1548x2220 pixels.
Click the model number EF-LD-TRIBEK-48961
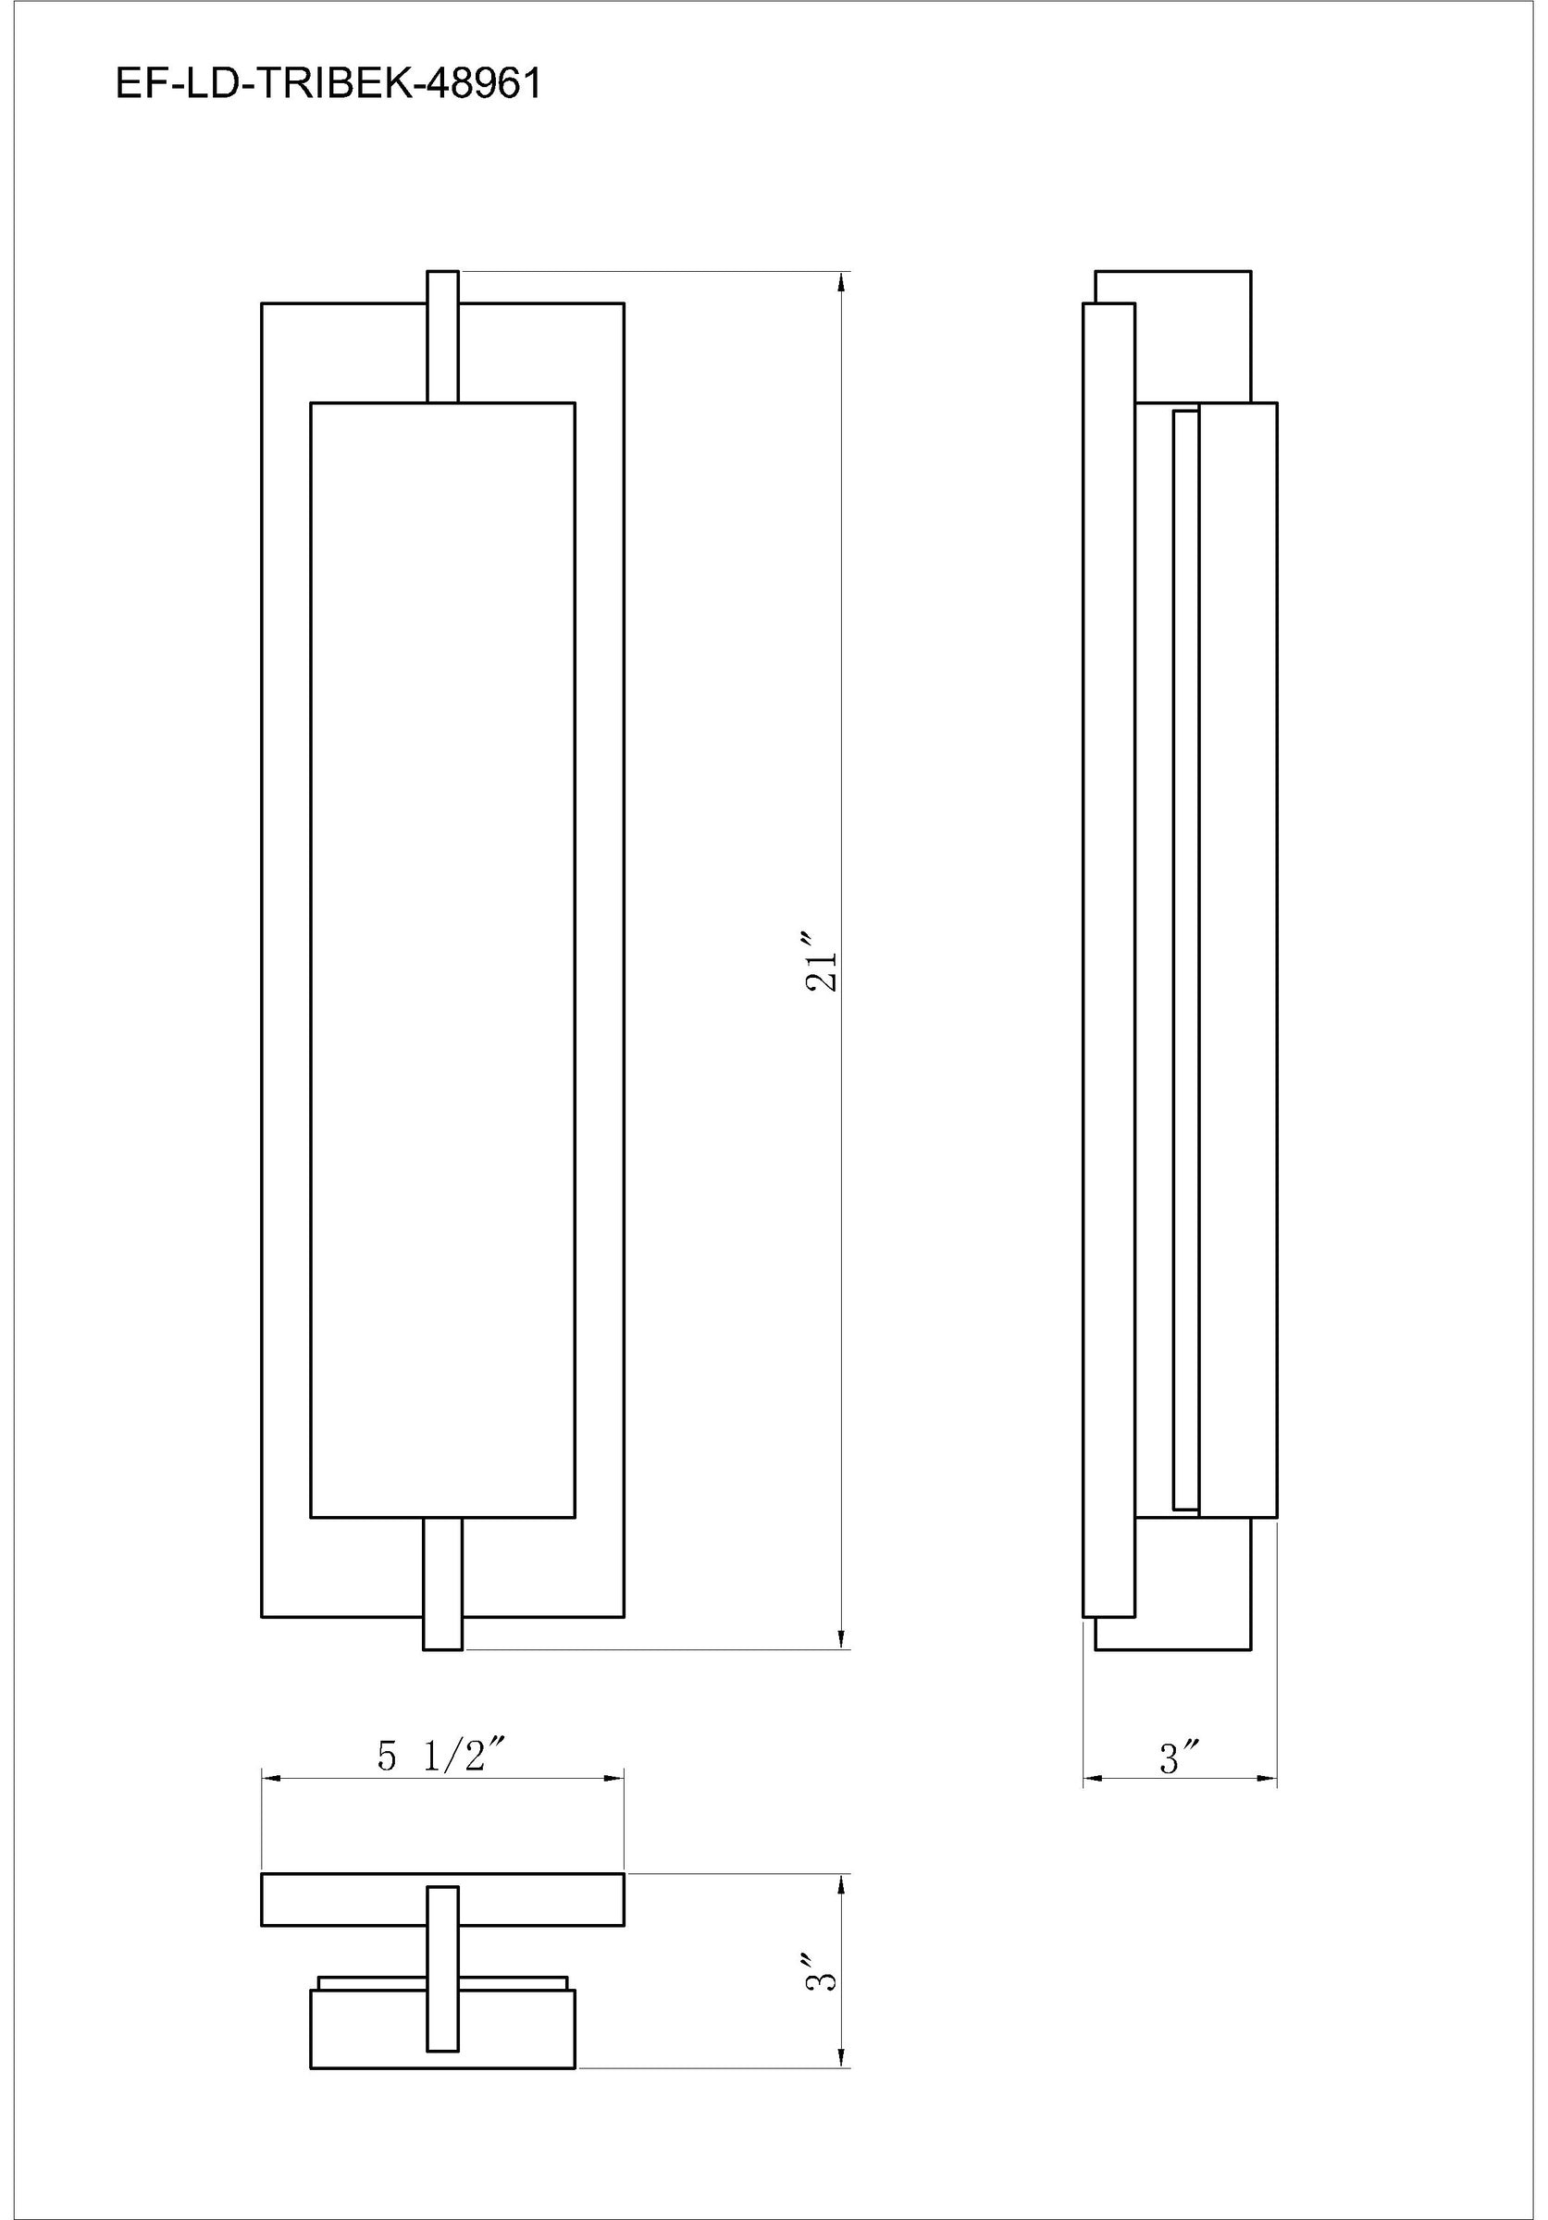click(328, 85)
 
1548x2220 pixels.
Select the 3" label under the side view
click(1180, 1757)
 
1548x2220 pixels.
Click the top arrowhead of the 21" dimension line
click(841, 281)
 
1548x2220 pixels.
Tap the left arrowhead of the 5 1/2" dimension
click(271, 1777)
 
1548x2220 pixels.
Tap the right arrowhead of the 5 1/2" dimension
click(614, 1777)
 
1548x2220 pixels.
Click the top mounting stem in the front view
click(442, 336)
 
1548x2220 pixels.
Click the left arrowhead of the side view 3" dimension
click(1092, 1777)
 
